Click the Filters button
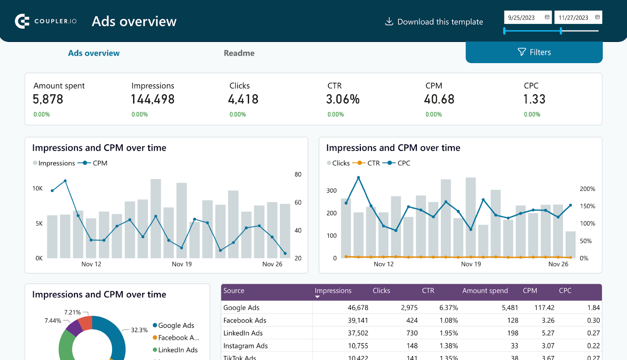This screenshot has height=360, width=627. click(534, 52)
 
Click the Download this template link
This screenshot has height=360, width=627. click(434, 22)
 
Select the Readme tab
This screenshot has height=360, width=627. click(239, 53)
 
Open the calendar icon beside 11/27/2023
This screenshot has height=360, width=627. click(597, 17)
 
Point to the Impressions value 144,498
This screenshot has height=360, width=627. click(152, 99)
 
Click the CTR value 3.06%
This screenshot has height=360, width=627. click(342, 99)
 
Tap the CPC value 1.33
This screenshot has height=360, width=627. click(534, 99)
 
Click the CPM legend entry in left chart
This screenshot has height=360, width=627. click(100, 163)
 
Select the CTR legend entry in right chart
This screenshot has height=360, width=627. click(373, 163)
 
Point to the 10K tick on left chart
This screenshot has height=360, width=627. click(38, 189)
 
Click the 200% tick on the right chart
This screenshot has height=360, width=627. click(587, 189)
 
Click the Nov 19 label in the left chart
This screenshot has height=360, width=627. click(182, 264)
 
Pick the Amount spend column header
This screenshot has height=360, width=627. click(485, 291)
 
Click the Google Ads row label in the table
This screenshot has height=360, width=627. click(241, 308)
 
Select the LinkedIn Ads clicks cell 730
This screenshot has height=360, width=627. click(412, 333)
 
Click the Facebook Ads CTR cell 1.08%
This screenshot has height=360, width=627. click(448, 320)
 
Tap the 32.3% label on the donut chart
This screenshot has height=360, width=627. click(139, 330)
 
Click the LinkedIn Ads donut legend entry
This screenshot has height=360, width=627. click(178, 350)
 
